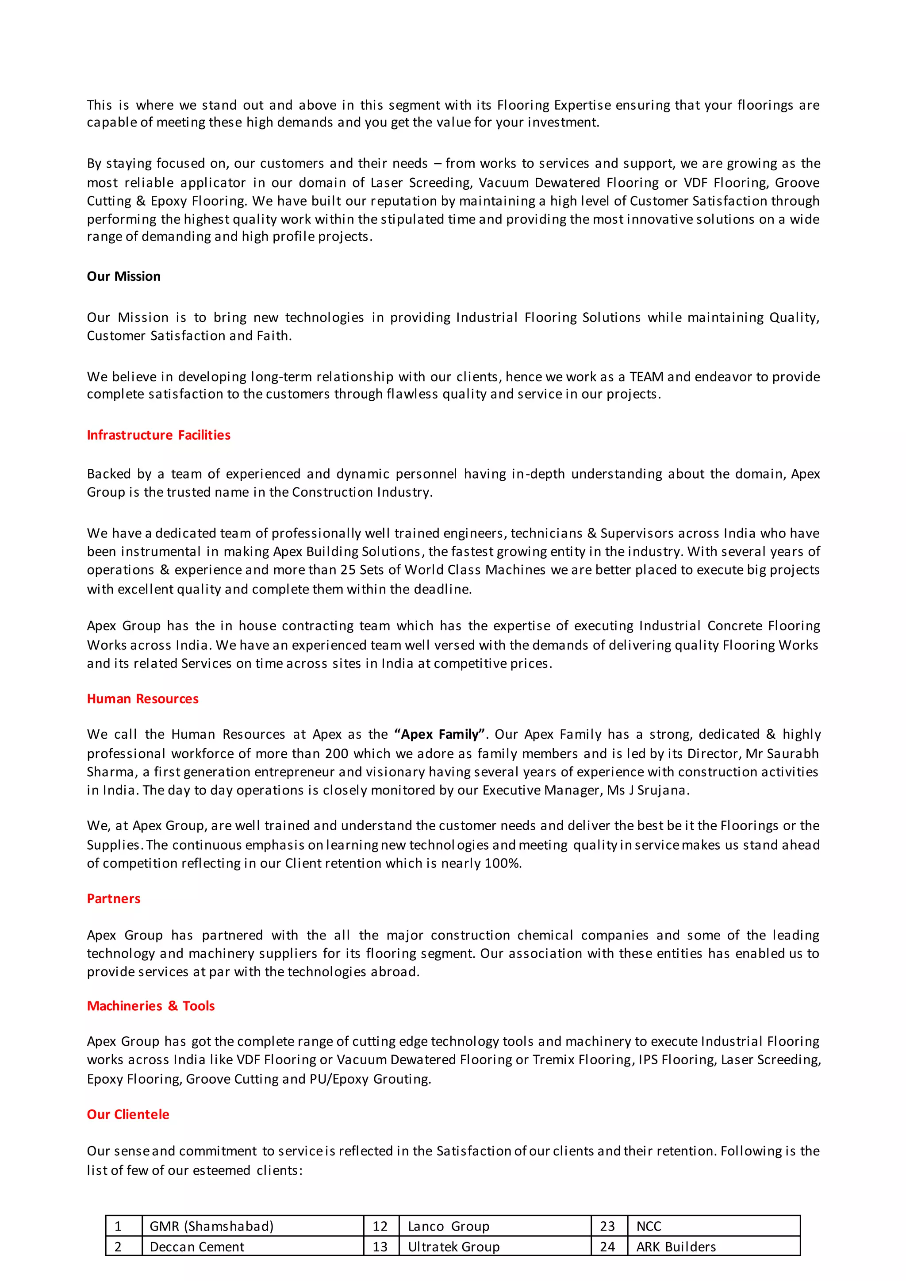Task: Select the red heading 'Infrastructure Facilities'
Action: tap(158, 435)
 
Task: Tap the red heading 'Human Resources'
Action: tap(142, 698)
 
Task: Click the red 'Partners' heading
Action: tap(113, 898)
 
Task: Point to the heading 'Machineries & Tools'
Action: tap(150, 1005)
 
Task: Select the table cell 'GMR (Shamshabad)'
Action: tap(211, 1226)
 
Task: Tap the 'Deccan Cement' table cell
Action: tap(197, 1246)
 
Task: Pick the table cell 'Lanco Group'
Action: tap(448, 1226)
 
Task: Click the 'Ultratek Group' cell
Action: tap(453, 1246)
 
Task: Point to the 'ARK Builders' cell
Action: tap(676, 1246)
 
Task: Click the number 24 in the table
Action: tap(607, 1246)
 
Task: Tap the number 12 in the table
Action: tap(380, 1226)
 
